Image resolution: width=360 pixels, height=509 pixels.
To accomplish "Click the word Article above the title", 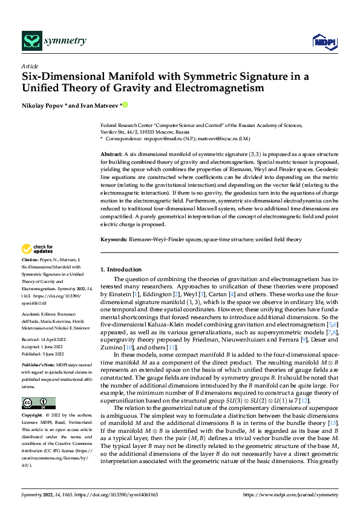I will (30, 66).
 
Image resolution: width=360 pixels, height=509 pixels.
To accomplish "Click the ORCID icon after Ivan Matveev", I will (126, 105).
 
